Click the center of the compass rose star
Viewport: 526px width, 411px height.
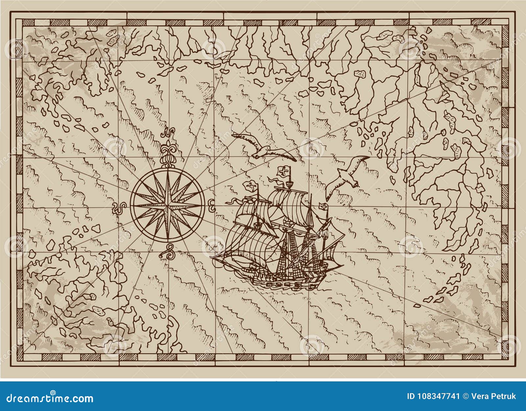[168, 204]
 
